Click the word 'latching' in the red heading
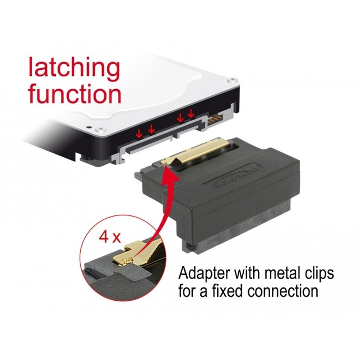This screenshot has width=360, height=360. [x=74, y=69]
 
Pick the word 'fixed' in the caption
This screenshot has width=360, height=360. [x=228, y=292]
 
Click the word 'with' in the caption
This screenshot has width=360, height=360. [x=252, y=274]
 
